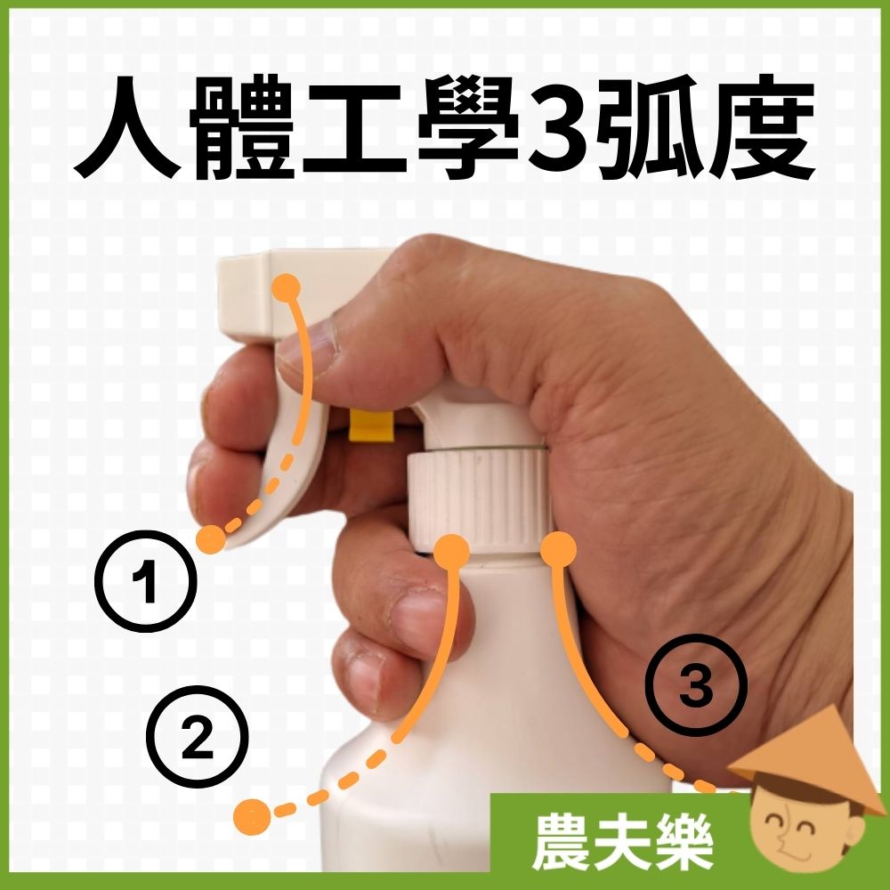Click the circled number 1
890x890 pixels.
point(145,580)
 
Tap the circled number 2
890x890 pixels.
point(197,736)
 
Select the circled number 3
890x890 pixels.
point(696,685)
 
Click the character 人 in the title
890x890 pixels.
point(127,127)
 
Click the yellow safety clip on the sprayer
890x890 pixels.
point(372,425)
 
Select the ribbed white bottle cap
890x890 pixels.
point(478,499)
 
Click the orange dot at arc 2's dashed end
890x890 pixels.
point(252,816)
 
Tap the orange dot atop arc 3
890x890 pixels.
point(559,549)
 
